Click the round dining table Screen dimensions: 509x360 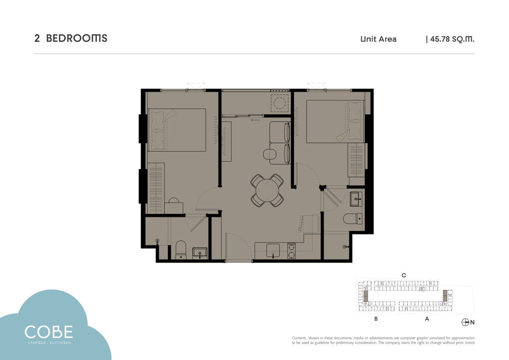tap(267, 191)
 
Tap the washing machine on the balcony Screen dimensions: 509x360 tap(280, 103)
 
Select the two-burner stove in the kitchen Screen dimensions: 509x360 tap(291, 251)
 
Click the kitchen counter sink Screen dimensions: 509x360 tap(273, 251)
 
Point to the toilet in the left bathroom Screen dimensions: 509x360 tap(181, 250)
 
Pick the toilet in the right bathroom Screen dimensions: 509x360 tap(352, 219)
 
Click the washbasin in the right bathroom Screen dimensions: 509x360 tap(356, 199)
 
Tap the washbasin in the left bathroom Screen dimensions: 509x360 tap(200, 253)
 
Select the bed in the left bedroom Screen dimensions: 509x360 tap(177, 130)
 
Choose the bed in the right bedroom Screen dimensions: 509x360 tap(336, 122)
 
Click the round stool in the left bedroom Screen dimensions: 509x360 tap(173, 202)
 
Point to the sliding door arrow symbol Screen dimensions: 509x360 tap(255, 120)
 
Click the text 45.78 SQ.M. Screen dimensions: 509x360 tap(452, 39)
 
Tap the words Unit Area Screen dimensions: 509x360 tap(378, 39)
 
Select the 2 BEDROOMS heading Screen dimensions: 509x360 tap(71, 39)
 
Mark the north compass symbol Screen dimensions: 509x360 tap(465, 322)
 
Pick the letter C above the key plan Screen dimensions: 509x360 tap(403, 276)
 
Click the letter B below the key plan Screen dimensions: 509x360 tap(376, 319)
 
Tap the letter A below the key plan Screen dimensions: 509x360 tap(427, 319)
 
